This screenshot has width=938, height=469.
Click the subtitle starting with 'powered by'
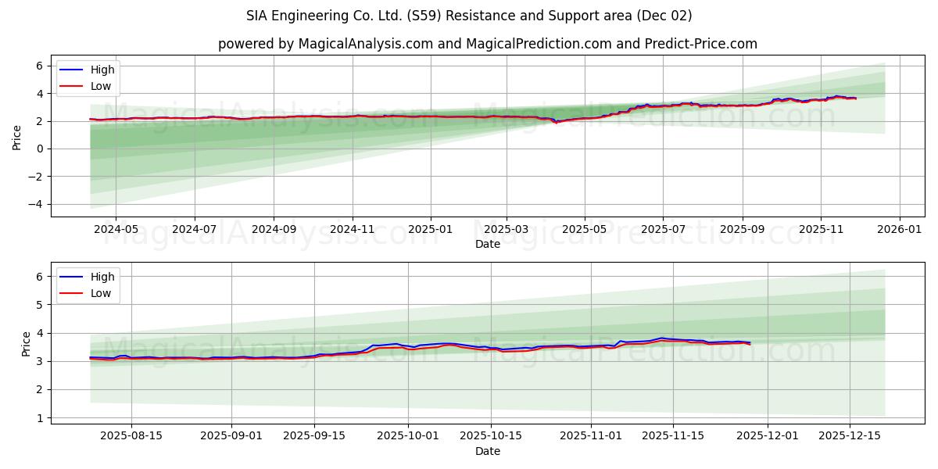(487, 44)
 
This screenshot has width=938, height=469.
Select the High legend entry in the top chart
(102, 70)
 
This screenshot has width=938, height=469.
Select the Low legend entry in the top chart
(101, 86)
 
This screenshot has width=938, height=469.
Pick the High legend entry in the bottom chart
(102, 277)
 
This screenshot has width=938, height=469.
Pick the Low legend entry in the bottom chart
(101, 293)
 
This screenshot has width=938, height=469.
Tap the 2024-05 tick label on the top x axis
(116, 230)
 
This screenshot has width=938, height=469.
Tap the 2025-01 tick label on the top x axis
(431, 230)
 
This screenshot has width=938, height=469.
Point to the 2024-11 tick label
(353, 230)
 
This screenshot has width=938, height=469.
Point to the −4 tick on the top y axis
(37, 205)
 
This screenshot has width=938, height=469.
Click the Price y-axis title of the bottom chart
(27, 343)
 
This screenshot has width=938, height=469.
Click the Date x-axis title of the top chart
(487, 244)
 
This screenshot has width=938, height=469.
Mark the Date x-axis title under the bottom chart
(487, 451)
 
